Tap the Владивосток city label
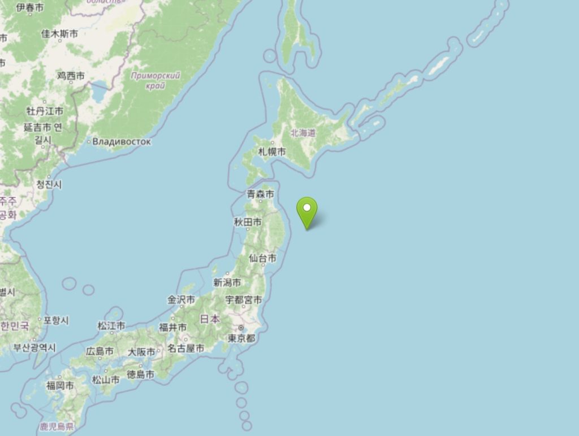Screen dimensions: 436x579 point(122,142)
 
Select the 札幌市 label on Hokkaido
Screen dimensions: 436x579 point(272,152)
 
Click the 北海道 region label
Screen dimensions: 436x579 point(303,133)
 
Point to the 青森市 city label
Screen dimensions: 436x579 point(261,194)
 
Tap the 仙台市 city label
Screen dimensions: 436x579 point(263,258)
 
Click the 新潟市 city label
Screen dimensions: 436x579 point(227,282)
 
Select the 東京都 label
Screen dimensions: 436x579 point(241,338)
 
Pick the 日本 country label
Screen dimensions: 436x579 point(210,319)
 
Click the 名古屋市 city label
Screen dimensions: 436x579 point(185,348)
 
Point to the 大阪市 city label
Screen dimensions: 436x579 point(141,352)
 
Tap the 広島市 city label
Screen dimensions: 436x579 point(100,351)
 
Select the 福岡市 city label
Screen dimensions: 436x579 point(60,386)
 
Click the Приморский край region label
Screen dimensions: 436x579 point(155,80)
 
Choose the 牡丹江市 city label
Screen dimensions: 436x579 point(45,111)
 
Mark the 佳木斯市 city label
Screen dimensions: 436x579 point(59,34)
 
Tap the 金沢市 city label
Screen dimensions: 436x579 point(181,300)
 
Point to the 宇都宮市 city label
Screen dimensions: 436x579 point(244,300)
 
